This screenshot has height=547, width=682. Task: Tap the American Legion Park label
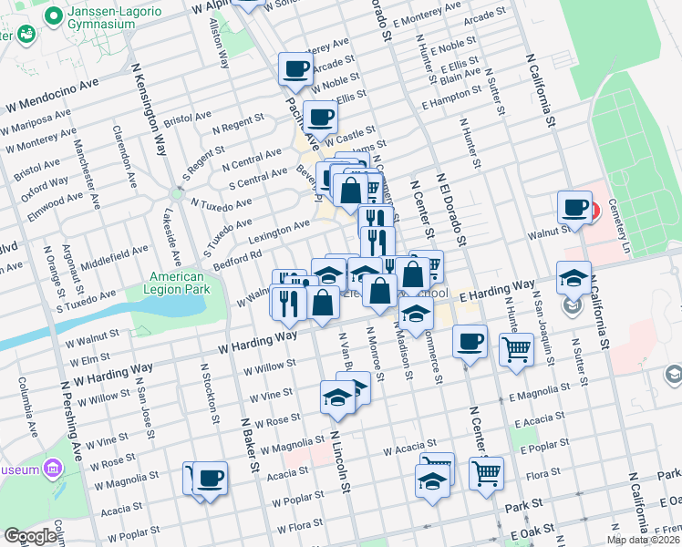click(x=178, y=283)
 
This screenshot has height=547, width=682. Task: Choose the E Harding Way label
click(x=497, y=292)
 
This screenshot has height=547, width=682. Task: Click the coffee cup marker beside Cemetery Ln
click(x=575, y=207)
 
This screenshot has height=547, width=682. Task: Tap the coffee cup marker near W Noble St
click(x=296, y=67)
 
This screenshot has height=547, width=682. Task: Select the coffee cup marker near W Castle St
click(x=321, y=116)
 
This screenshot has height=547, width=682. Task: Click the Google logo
click(x=31, y=536)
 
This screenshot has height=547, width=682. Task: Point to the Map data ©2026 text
click(x=643, y=540)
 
